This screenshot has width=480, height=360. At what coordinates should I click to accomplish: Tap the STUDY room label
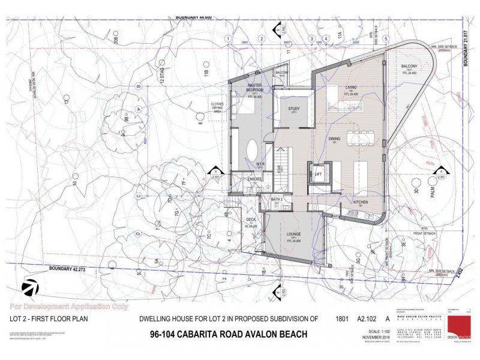[294, 109]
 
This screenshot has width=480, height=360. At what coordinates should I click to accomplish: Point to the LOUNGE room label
[293, 233]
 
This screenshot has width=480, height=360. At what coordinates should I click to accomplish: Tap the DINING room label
[335, 139]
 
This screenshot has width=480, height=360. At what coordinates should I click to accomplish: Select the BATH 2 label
[277, 199]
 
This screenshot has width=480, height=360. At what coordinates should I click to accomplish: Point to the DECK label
[251, 220]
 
